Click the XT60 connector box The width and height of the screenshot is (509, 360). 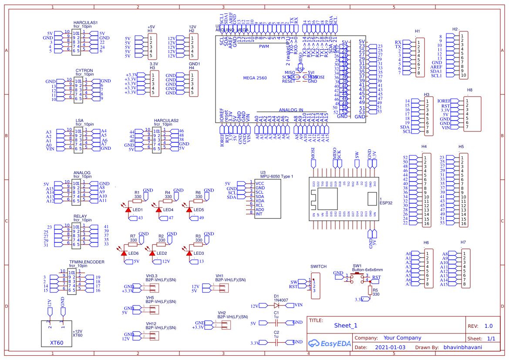click(x=56, y=333)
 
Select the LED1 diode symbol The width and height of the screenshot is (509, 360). click(x=128, y=210)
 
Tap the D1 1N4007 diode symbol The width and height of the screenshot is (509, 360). click(x=276, y=305)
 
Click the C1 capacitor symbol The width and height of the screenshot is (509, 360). click(x=276, y=323)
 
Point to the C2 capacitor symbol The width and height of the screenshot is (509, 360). click(x=276, y=343)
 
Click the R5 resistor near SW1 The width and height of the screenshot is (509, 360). click(x=371, y=290)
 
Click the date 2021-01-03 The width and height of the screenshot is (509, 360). click(x=390, y=347)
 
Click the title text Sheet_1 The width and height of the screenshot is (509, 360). click(x=346, y=325)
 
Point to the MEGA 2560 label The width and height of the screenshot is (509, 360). click(x=255, y=78)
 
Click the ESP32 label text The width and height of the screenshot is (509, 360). click(x=386, y=203)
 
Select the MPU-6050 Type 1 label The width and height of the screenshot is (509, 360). click(x=276, y=176)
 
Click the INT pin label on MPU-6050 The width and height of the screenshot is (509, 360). click(x=259, y=214)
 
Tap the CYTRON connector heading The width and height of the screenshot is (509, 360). click(x=84, y=71)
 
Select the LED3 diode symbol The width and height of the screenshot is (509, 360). click(x=189, y=253)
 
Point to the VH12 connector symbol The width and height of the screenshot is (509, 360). click(x=152, y=335)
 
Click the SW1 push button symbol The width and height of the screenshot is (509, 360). click(x=357, y=278)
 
